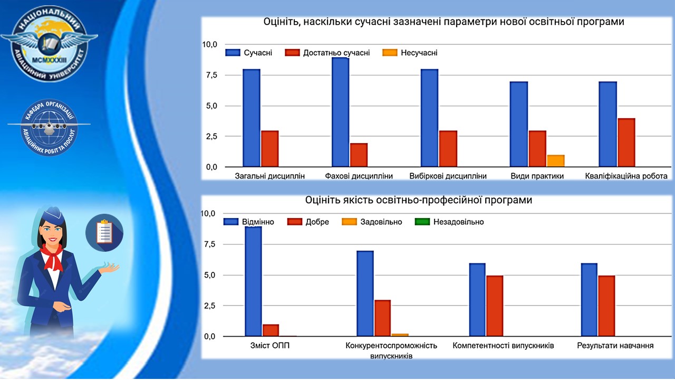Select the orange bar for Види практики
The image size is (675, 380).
(556, 161)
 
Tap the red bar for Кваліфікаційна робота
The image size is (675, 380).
(626, 142)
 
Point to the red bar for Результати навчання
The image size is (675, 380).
(606, 306)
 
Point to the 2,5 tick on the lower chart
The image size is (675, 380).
(210, 306)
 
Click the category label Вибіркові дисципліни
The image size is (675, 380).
(448, 176)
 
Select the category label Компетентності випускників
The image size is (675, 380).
(503, 346)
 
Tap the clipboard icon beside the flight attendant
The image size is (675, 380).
(104, 232)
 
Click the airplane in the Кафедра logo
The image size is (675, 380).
(49, 127)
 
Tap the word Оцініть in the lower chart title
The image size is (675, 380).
(322, 201)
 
